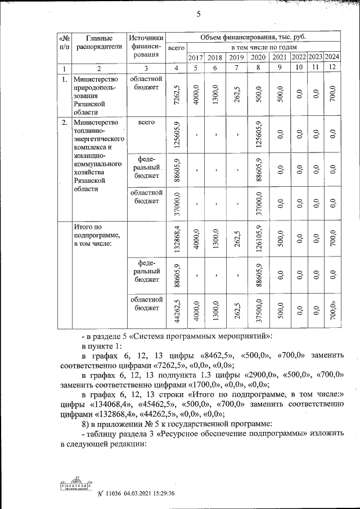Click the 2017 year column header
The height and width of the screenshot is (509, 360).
pyautogui.click(x=195, y=57)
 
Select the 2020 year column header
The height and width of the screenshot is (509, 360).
pyautogui.click(x=258, y=57)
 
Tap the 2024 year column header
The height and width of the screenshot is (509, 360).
pyautogui.click(x=332, y=57)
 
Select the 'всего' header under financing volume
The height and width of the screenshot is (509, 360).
pyautogui.click(x=177, y=49)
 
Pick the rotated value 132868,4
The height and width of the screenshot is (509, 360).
pyautogui.click(x=177, y=238)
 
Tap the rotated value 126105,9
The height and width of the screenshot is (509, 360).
pyautogui.click(x=258, y=238)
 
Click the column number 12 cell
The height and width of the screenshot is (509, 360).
pyautogui.click(x=332, y=68)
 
